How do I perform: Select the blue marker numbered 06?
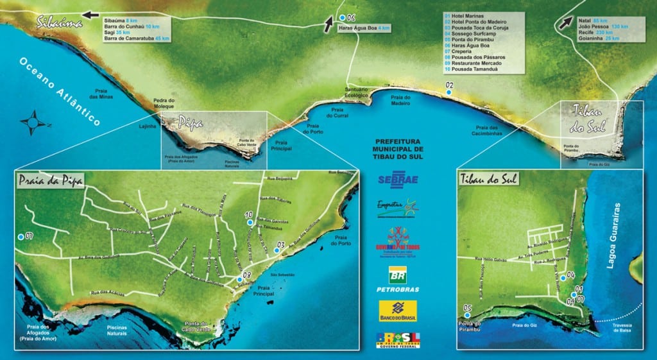(343, 17)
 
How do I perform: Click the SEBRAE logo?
(398, 178)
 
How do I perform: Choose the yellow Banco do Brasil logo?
(398, 312)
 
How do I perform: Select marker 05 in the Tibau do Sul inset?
(467, 315)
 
